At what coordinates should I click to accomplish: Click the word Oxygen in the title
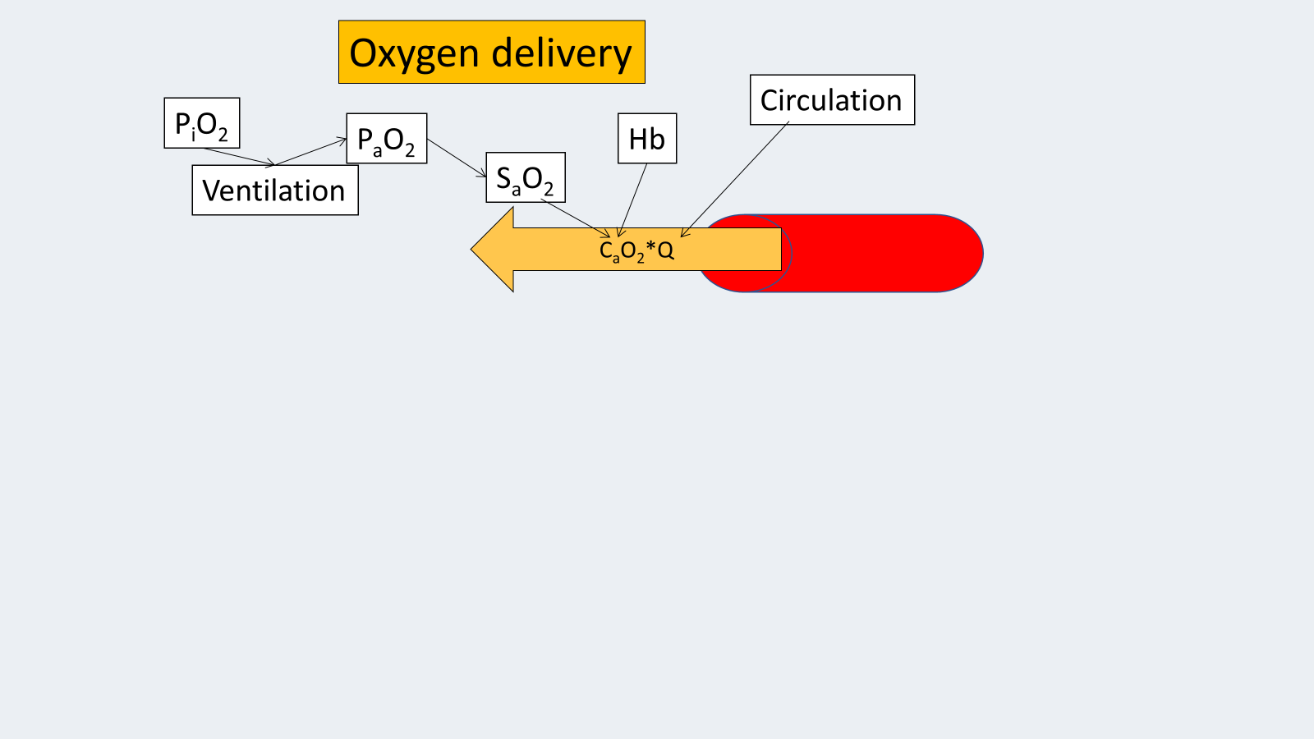(x=414, y=54)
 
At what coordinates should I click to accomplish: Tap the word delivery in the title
(x=562, y=53)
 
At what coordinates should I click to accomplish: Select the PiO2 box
(x=202, y=123)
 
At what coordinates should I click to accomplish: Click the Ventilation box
(x=275, y=190)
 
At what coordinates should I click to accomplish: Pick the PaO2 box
(x=387, y=139)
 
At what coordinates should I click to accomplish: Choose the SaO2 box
(x=526, y=177)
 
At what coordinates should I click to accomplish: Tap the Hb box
(x=647, y=139)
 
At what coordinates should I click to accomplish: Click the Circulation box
(x=832, y=100)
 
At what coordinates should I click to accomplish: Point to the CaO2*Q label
(x=636, y=250)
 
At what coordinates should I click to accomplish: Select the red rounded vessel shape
(x=887, y=253)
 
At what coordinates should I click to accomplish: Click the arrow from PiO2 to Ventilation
(x=238, y=157)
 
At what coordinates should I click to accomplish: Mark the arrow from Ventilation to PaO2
(x=310, y=152)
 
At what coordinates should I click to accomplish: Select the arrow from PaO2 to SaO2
(x=457, y=158)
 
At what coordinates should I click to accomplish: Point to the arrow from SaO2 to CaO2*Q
(x=575, y=218)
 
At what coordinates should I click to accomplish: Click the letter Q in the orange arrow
(x=666, y=250)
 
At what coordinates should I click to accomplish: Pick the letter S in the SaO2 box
(x=503, y=177)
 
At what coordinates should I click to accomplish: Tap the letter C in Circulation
(x=770, y=100)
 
